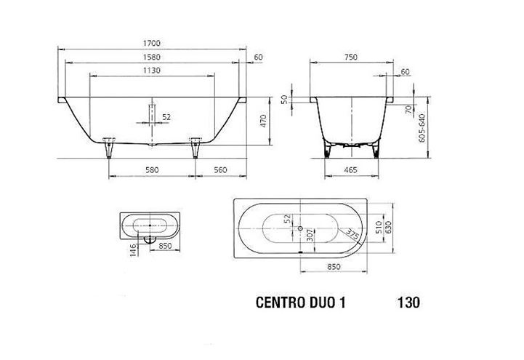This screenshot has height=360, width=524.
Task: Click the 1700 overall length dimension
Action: click(x=152, y=43)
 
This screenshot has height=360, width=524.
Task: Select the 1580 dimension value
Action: click(x=152, y=57)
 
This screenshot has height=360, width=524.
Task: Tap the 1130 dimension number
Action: click(x=152, y=71)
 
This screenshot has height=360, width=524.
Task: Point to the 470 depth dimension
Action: click(x=263, y=121)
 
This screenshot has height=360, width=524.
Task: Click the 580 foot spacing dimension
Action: click(x=152, y=169)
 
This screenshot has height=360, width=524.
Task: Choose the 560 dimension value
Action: click(x=220, y=169)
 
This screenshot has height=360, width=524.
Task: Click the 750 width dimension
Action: click(x=350, y=57)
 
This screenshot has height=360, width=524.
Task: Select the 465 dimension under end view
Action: click(x=350, y=169)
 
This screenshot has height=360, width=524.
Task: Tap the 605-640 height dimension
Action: click(x=422, y=128)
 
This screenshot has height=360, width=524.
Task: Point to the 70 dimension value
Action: click(x=408, y=109)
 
